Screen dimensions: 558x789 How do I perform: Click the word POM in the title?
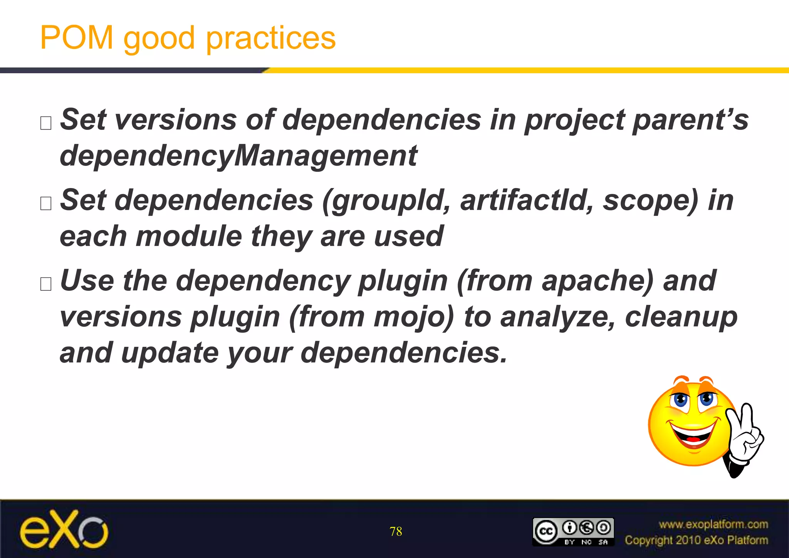76,38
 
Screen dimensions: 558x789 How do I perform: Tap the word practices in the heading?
271,39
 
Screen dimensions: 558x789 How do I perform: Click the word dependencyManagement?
238,156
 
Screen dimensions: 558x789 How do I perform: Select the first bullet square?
46,123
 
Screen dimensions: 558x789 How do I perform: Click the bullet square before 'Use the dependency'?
46,284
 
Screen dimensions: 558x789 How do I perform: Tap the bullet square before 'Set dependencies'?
46,203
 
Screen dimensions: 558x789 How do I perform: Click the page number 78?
396,532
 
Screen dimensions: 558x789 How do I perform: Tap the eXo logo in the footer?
64,530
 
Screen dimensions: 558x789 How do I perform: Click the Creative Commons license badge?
573,532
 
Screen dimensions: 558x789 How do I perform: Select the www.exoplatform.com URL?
713,524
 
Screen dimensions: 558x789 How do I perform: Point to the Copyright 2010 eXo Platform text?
696,540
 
